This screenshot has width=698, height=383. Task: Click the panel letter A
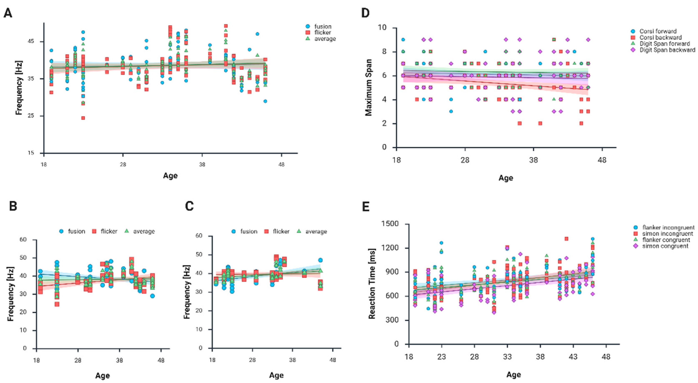coord(8,13)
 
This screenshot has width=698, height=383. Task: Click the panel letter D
coord(365,13)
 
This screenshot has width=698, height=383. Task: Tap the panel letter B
coord(13,206)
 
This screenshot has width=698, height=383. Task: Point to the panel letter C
coord(189,206)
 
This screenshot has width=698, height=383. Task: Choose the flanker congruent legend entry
coord(663,240)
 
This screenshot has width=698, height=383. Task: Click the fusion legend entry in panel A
coord(323,26)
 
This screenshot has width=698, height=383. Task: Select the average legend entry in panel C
coord(316,231)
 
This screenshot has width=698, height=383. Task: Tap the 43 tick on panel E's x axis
coord(573,357)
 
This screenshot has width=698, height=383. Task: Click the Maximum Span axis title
coord(369,87)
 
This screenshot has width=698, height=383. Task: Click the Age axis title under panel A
coord(170,176)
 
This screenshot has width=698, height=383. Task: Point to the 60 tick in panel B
coord(23,240)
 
